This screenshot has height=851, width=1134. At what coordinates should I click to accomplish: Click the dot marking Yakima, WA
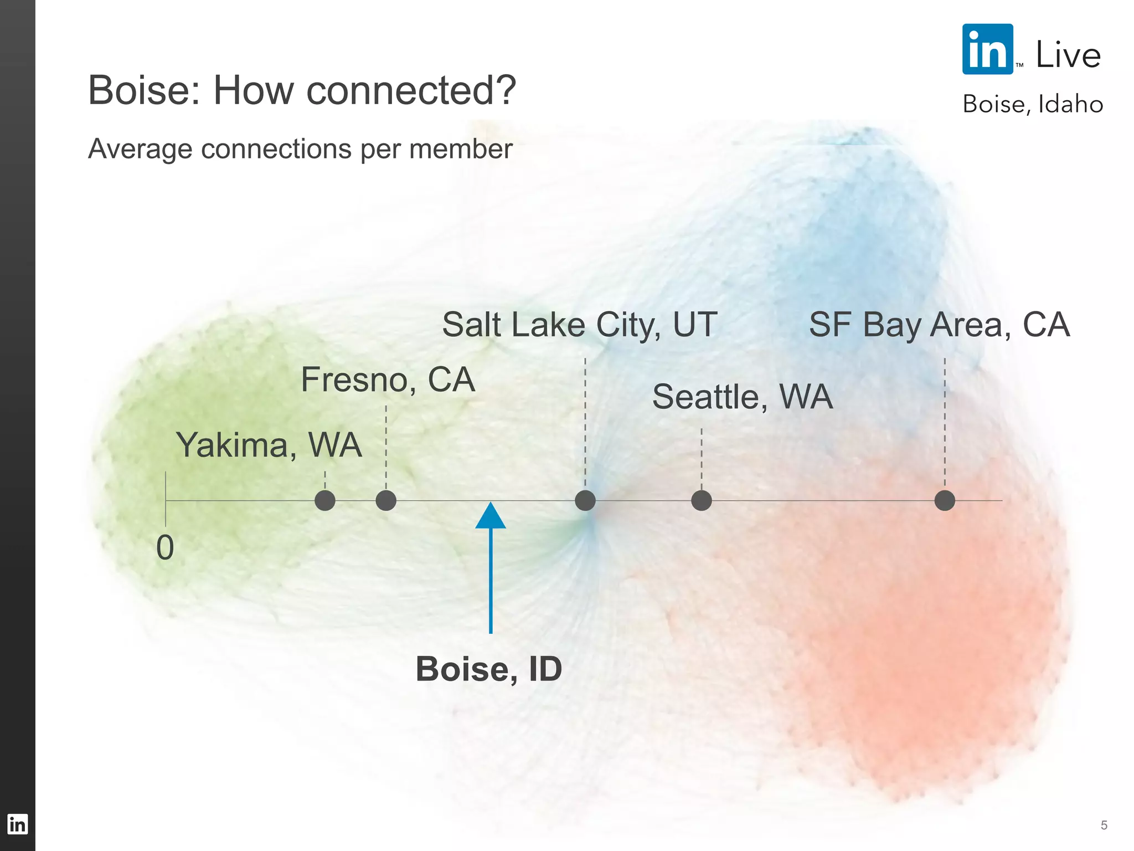coord(325,500)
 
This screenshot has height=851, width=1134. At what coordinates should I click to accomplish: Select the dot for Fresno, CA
coord(386,500)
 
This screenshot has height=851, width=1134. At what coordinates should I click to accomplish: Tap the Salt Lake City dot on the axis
coord(585,500)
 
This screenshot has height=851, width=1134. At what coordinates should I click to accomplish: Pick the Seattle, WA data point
coord(702,500)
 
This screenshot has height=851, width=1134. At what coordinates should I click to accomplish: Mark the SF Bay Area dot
coord(945,500)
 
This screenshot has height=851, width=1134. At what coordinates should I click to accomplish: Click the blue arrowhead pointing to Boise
coord(491,515)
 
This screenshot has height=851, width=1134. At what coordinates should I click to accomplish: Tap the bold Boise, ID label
coord(489,669)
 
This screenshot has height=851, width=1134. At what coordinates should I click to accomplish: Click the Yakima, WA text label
coord(269,445)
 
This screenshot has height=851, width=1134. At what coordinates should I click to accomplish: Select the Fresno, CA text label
coord(388,380)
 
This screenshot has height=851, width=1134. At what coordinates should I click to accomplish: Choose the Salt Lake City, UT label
coord(580,325)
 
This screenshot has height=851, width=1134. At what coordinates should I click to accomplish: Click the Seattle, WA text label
coord(743,397)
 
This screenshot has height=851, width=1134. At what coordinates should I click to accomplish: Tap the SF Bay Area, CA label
coord(939,325)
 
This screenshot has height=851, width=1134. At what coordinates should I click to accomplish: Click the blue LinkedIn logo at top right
coord(988,49)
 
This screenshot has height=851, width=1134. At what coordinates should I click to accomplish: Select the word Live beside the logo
coord(1068,55)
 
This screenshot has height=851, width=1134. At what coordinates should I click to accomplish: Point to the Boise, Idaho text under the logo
coord(1033,104)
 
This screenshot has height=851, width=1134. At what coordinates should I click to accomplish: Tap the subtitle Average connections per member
coord(300,148)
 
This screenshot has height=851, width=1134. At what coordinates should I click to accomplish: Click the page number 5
coord(1104,826)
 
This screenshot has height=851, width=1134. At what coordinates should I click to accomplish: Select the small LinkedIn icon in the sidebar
coord(17,824)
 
